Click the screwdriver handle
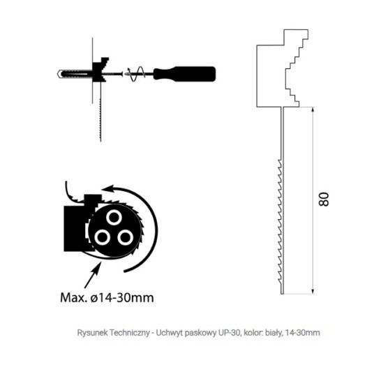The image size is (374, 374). click(x=184, y=74)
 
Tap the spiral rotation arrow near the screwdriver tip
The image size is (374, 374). click(x=136, y=73)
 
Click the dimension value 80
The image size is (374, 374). click(x=324, y=200)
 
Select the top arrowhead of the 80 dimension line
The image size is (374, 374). click(x=313, y=110)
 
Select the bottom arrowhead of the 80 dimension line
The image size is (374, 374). click(x=313, y=291)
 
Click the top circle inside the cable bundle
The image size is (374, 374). click(x=114, y=217)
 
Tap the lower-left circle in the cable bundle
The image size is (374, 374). click(x=103, y=237)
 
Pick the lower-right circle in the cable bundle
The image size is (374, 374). click(x=125, y=237)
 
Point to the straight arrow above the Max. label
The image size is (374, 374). click(x=93, y=274)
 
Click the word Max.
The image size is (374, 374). click(x=73, y=298)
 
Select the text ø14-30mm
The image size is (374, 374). click(x=122, y=298)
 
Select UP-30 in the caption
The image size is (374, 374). click(x=230, y=333)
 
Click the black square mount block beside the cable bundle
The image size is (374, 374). click(x=75, y=228)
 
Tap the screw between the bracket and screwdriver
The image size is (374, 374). click(x=113, y=74)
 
